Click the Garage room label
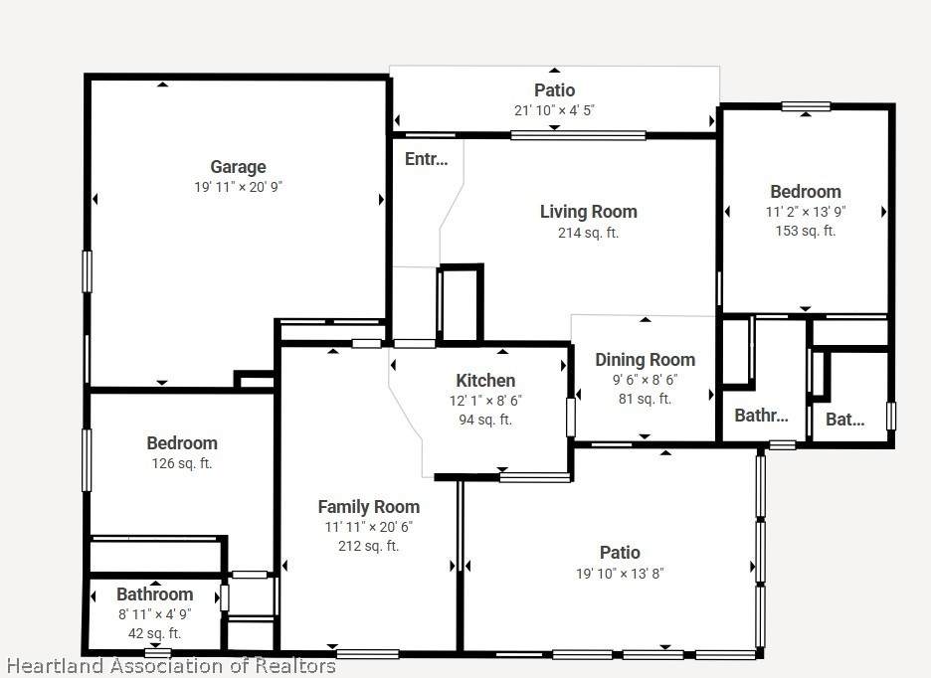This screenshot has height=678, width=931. click(x=238, y=167)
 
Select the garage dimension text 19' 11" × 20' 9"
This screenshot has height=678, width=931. click(x=238, y=187)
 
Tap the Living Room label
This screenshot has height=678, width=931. click(x=589, y=212)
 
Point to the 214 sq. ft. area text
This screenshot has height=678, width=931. click(x=589, y=233)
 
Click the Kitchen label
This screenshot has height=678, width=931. click(x=485, y=381)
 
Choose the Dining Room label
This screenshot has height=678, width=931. click(x=645, y=360)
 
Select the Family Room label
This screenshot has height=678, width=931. click(x=369, y=507)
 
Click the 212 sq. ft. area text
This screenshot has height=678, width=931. click(x=369, y=546)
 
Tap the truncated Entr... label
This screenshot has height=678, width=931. click(x=427, y=159)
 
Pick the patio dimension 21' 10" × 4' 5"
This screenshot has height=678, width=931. click(x=555, y=110)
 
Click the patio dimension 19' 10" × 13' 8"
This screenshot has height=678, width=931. click(x=620, y=574)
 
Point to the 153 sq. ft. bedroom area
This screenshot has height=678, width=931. click(x=806, y=231)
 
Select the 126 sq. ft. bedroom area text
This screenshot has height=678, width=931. click(x=182, y=463)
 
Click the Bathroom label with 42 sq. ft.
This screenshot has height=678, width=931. click(x=155, y=594)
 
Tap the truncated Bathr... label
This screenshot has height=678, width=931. click(x=761, y=416)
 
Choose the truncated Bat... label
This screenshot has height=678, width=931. click(x=844, y=420)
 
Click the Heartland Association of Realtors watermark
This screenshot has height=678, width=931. click(x=172, y=666)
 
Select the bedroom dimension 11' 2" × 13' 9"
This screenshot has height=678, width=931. click(x=806, y=212)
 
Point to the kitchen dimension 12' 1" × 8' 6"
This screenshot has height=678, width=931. click(x=485, y=401)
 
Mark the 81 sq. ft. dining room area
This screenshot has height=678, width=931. click(x=645, y=399)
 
